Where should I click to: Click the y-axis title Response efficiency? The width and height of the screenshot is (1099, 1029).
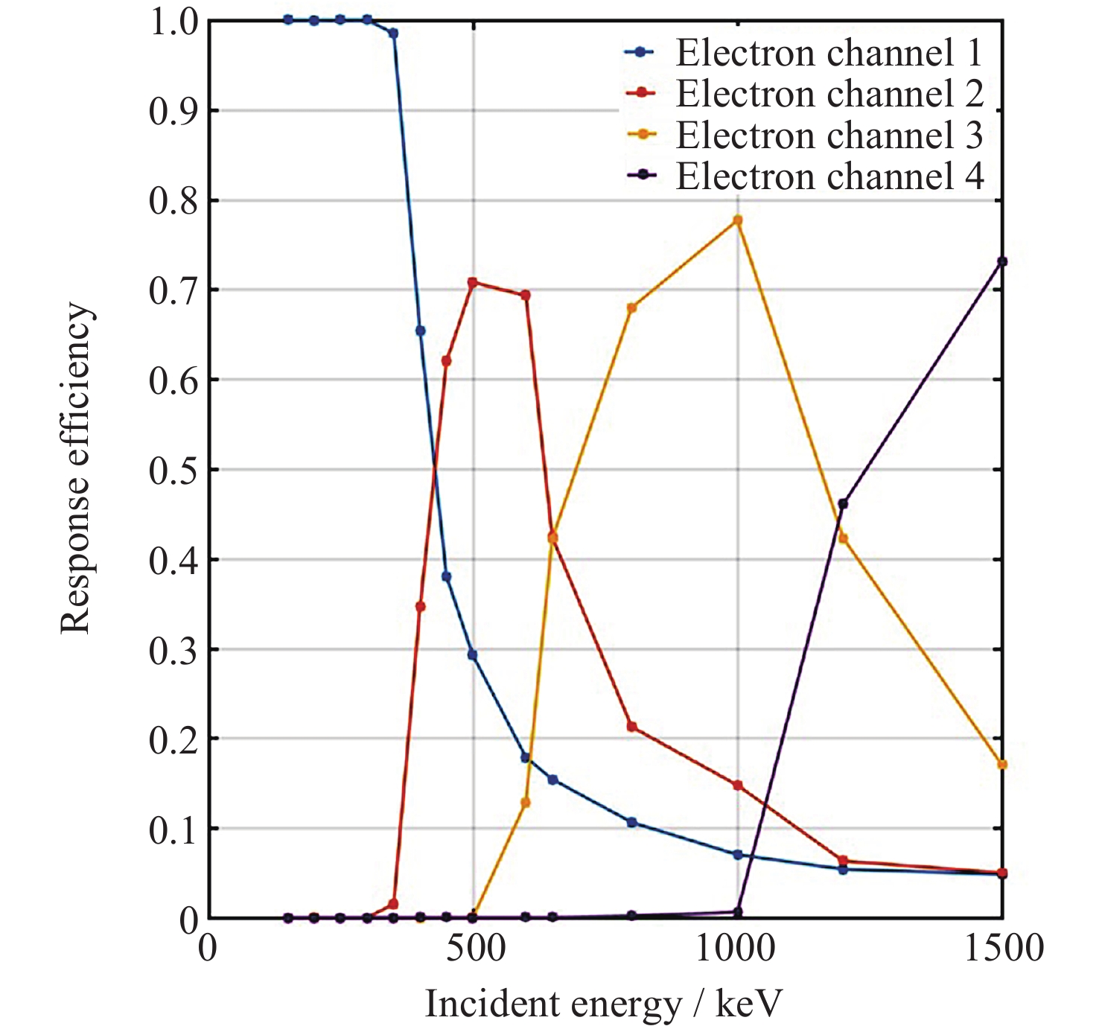pyautogui.click(x=76, y=468)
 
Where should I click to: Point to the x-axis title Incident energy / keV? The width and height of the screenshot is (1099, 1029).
pyautogui.click(x=604, y=1004)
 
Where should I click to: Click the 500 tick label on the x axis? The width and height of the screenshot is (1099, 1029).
pyautogui.click(x=473, y=950)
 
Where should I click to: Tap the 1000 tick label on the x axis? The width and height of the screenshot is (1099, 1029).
pyautogui.click(x=736, y=950)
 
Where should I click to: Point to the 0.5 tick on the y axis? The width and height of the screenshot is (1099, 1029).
pyautogui.click(x=174, y=470)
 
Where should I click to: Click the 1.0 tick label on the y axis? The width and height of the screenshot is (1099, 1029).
pyautogui.click(x=174, y=22)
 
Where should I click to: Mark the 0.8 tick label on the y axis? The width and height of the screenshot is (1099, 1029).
pyautogui.click(x=174, y=201)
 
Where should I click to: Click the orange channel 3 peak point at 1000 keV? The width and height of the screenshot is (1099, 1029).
pyautogui.click(x=738, y=220)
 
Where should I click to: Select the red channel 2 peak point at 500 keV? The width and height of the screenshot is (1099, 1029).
pyautogui.click(x=473, y=283)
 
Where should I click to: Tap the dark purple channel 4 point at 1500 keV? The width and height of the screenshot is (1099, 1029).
pyautogui.click(x=1002, y=261)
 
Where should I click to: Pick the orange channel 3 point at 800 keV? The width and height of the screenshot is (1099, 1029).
pyautogui.click(x=632, y=308)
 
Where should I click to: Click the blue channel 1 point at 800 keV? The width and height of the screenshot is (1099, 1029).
pyautogui.click(x=632, y=822)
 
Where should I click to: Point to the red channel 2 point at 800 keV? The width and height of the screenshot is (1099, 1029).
pyautogui.click(x=632, y=726)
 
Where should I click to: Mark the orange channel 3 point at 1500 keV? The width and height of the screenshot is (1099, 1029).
pyautogui.click(x=1002, y=765)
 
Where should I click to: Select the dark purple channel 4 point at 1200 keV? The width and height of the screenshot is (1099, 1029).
pyautogui.click(x=843, y=504)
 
